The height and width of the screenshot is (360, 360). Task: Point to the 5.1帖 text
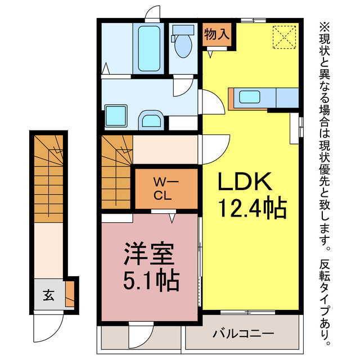pos(151,280)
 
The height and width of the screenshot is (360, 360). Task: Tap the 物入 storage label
pos(216,34)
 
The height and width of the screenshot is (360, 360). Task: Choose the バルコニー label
pos(243,334)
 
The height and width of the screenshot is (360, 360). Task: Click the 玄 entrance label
pos(48,294)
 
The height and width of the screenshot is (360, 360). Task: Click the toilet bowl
pos(183,46)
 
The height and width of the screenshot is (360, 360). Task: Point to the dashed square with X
pos(284,38)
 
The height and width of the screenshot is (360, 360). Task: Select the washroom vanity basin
pos(151,120)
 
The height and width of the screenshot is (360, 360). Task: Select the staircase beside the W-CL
pos(116,169)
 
